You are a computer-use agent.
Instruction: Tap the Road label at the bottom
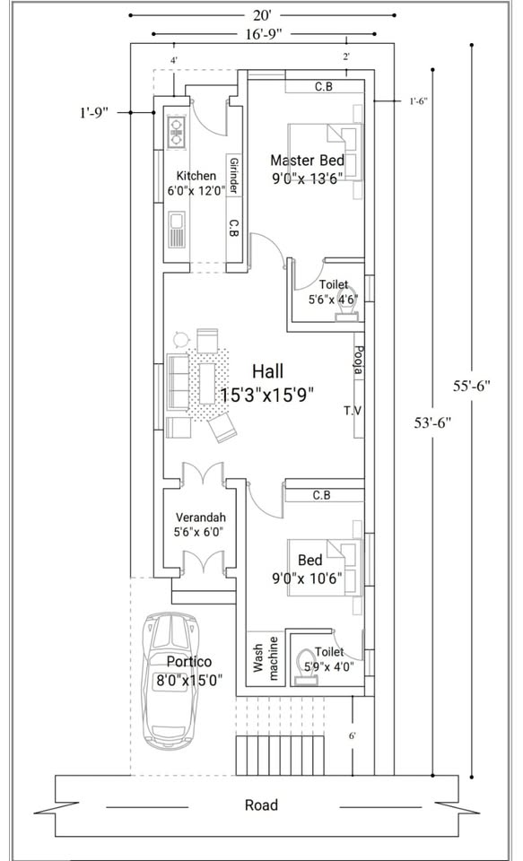[x=262, y=805]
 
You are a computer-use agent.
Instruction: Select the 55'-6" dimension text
[x=471, y=386]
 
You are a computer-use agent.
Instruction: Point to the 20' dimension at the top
[x=263, y=13]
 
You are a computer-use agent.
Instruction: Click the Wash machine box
[x=266, y=657]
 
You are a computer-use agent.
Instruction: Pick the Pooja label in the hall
[x=359, y=360]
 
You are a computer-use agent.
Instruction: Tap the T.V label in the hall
[x=353, y=410]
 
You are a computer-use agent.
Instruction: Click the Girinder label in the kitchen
[x=233, y=176]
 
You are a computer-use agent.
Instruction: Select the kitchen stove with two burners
[x=177, y=131]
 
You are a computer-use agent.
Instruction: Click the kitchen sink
[x=177, y=229]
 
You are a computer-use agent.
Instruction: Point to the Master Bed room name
[x=308, y=161]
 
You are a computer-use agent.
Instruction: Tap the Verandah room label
[x=201, y=517]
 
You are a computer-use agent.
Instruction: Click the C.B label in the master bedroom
[x=323, y=87]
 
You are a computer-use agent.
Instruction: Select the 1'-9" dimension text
[x=94, y=113]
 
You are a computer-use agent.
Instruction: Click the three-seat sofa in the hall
[x=178, y=382]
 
